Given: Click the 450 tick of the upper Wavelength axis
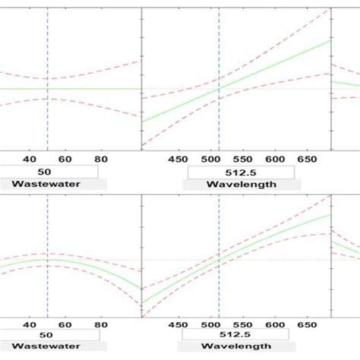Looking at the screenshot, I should (x=177, y=160).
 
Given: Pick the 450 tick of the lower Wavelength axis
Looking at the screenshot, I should (x=177, y=324).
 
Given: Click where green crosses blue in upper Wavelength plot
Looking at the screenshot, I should (x=218, y=88).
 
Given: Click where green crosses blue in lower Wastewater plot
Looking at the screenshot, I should (x=47, y=260).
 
